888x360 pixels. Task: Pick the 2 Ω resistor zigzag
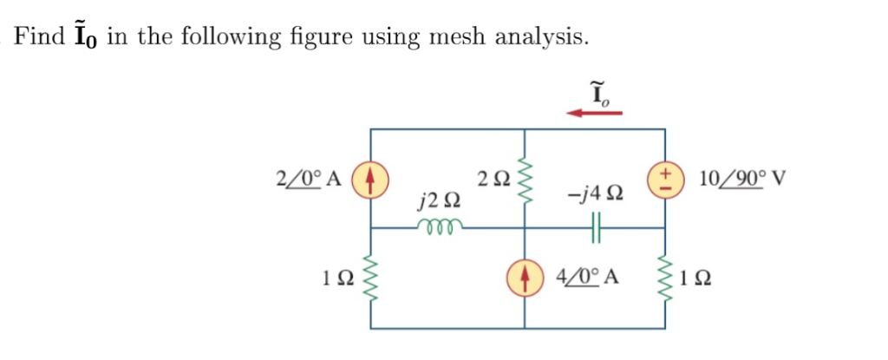pyautogui.click(x=524, y=180)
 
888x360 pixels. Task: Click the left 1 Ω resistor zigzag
pyautogui.click(x=371, y=278)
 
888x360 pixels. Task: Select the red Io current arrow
pyautogui.click(x=595, y=112)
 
